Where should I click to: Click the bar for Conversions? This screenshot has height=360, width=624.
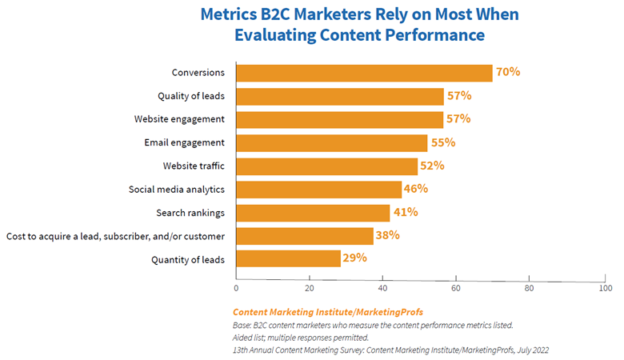(x=364, y=73)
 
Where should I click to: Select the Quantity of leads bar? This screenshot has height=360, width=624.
(x=289, y=258)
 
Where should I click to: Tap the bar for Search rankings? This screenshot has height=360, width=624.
(x=313, y=212)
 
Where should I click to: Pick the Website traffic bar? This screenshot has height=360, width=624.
(x=326, y=166)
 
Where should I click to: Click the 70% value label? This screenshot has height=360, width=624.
(x=508, y=72)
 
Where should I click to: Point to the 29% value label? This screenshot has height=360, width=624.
(x=354, y=258)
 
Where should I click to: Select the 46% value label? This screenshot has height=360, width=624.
(x=415, y=189)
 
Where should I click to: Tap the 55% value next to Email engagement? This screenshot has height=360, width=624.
(x=442, y=142)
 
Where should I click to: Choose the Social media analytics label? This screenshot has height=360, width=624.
(x=177, y=189)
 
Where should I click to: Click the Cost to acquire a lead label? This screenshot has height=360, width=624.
(x=115, y=235)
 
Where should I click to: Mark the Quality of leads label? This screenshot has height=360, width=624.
(x=190, y=96)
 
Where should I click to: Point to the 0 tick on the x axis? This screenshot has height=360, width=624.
(x=236, y=288)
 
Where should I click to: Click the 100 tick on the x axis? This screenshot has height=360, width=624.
(x=606, y=288)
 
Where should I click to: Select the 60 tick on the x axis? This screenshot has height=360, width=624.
(x=456, y=288)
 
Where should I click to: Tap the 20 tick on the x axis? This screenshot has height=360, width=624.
(x=310, y=288)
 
